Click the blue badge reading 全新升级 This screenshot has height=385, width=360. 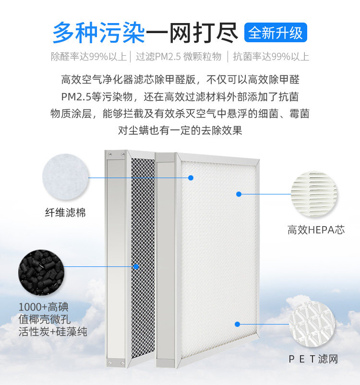276,33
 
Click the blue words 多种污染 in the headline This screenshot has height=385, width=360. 98,33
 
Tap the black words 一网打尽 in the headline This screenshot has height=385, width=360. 192,33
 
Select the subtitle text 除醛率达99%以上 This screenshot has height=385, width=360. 89,57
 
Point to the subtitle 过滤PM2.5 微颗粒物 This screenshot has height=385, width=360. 179,57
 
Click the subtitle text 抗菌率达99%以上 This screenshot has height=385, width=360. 271,57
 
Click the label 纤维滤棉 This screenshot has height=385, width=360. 65,212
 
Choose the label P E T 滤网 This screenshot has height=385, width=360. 313,359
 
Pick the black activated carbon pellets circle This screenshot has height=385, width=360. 40,272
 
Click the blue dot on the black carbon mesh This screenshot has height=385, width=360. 136,266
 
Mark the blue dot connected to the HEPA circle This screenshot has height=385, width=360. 239,194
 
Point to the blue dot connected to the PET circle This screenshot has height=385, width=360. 236,324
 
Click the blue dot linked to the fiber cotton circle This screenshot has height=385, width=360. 191,178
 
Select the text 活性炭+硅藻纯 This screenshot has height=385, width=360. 53,332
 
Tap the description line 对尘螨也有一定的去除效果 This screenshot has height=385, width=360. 180,130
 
